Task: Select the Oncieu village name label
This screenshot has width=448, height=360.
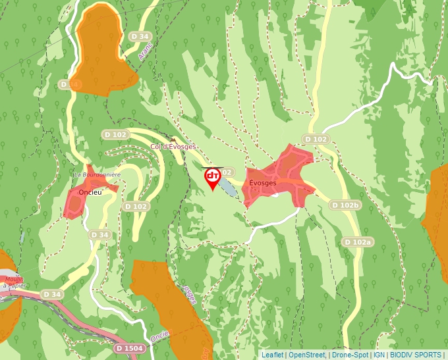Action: click(x=89, y=192)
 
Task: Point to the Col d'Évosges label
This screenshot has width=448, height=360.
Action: click(x=173, y=147)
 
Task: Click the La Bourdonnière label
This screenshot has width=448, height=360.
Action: click(x=97, y=174)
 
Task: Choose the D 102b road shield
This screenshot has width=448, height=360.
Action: click(x=345, y=205)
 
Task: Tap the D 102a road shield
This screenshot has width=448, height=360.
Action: click(x=358, y=242)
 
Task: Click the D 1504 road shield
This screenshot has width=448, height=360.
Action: click(x=128, y=347)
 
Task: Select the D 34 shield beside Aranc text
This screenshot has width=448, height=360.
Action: click(x=140, y=36)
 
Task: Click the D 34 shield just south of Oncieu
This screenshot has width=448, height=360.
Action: click(x=99, y=234)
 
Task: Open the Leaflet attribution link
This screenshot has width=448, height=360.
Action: click(x=273, y=355)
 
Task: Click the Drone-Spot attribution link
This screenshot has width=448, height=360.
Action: click(x=349, y=355)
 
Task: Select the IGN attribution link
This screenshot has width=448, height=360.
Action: click(x=379, y=355)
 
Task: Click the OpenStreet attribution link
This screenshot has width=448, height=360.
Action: click(x=307, y=355)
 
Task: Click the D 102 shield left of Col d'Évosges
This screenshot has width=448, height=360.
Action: click(x=115, y=134)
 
